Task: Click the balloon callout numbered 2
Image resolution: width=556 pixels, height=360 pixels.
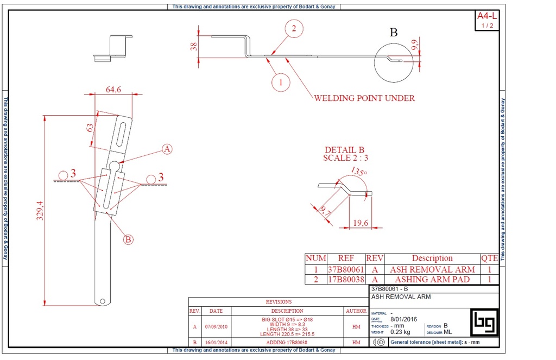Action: click(294, 29)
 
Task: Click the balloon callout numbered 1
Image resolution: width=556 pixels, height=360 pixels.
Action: click(281, 83)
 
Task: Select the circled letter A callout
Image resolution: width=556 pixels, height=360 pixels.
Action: click(167, 149)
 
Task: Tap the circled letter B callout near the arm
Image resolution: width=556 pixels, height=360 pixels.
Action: click(128, 239)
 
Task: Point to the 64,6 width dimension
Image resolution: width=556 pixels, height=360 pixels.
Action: click(113, 90)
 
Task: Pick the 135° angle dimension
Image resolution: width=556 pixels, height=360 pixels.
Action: click(358, 172)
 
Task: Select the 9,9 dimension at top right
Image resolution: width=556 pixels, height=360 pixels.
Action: click(415, 45)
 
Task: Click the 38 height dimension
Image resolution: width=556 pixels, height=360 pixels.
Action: click(193, 46)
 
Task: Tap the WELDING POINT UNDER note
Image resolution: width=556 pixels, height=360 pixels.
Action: click(364, 98)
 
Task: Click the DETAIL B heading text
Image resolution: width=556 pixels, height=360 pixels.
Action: click(344, 150)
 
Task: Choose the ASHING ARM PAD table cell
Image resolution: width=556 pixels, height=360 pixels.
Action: click(432, 280)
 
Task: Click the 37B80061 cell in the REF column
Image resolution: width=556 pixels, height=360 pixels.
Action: click(345, 269)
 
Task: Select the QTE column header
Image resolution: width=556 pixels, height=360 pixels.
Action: click(489, 258)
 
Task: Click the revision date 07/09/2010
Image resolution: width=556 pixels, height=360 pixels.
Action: click(216, 327)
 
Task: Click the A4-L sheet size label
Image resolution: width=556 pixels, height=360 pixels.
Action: click(486, 16)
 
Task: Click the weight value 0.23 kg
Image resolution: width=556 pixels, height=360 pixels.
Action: click(401, 331)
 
